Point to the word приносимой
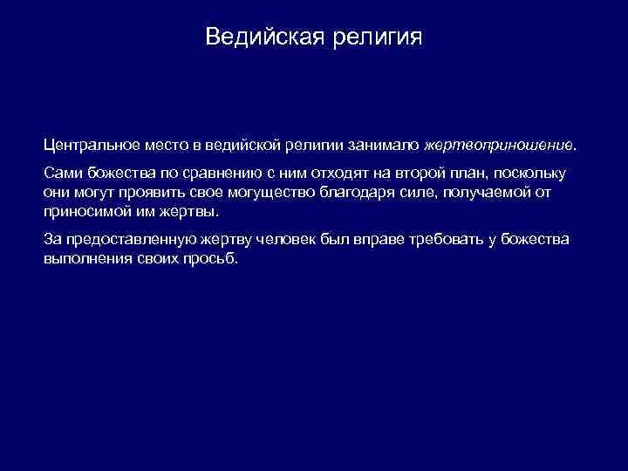coord(85,211)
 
